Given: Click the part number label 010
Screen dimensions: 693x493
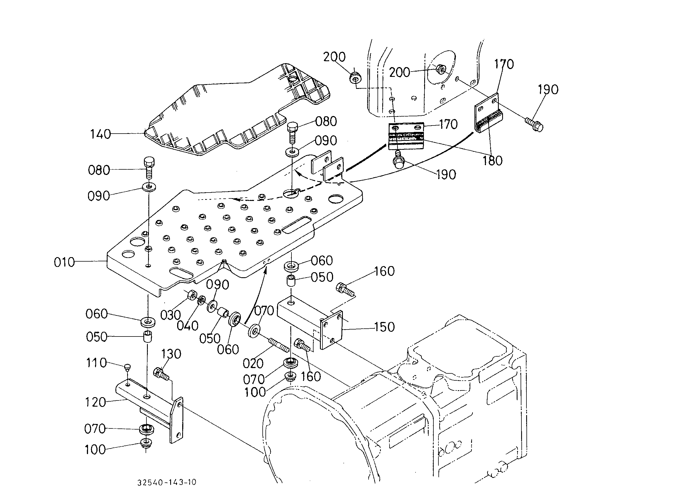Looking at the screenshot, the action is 64,262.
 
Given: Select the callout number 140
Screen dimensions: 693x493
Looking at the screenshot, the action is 101,134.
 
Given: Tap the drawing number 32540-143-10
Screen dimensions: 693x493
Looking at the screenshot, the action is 167,482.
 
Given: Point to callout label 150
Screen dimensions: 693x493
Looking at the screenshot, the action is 384,327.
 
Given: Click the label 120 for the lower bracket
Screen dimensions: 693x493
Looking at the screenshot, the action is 95,402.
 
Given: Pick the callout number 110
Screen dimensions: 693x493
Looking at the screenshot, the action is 96,363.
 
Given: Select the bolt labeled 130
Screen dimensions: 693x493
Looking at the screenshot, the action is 161,374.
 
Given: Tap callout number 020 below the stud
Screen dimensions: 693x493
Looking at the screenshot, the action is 253,363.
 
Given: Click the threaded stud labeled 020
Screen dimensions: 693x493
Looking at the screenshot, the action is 279,345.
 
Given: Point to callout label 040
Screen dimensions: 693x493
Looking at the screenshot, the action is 188,326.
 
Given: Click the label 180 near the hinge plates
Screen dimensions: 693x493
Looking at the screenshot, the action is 493,161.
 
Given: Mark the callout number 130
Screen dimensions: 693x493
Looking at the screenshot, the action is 171,354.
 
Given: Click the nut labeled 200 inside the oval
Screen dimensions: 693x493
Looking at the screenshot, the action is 440,70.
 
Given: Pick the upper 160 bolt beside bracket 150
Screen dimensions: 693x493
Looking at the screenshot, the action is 345,288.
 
